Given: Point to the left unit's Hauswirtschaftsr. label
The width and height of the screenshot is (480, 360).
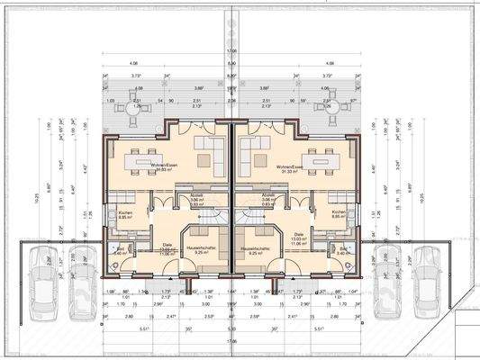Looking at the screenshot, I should [200, 249].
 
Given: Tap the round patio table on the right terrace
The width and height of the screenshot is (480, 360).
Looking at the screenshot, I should [327, 107].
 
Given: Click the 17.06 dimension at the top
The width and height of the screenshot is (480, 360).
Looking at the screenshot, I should [231, 52].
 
